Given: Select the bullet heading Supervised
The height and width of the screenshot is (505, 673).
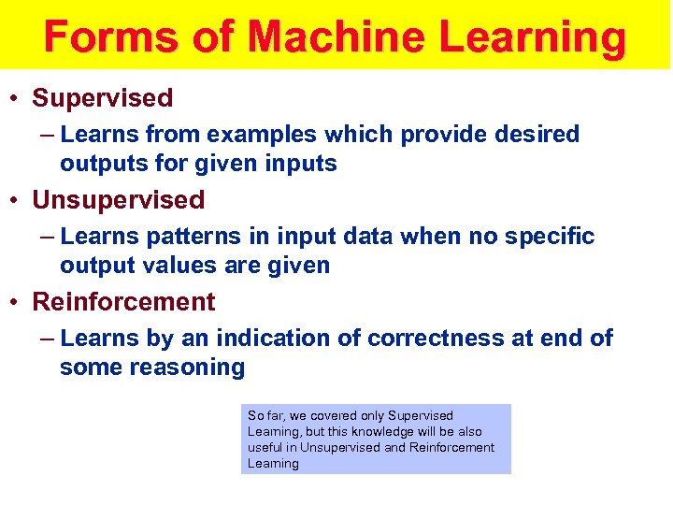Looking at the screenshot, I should pos(103,98).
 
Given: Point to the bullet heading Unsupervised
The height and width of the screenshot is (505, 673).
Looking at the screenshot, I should pos(118,200).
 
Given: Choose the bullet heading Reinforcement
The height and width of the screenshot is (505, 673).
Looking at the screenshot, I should pos(123,302).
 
